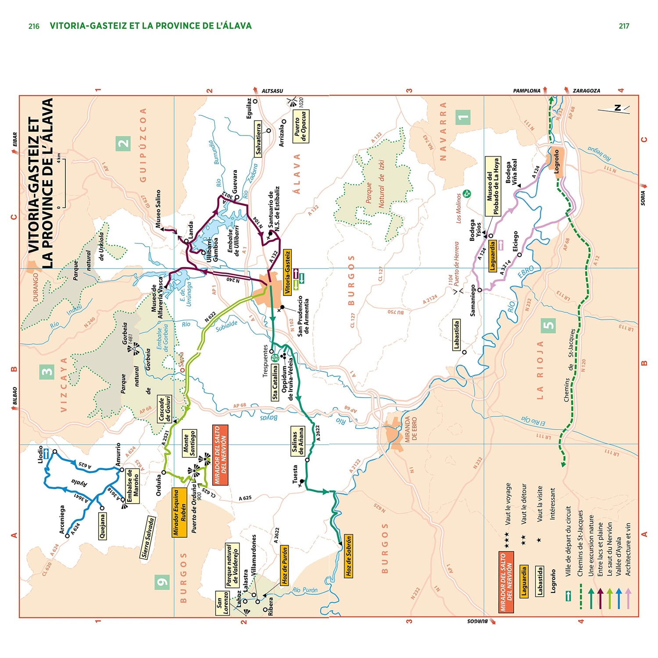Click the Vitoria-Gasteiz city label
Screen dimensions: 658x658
287,272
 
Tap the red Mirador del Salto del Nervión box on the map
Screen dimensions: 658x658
220,455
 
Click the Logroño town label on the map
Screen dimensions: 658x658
557,161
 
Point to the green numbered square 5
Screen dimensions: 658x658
548,325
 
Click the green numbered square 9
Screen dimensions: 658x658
162,582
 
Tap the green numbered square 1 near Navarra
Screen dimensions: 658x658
463,117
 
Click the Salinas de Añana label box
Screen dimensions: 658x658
298,441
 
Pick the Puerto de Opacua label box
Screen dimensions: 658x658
300,126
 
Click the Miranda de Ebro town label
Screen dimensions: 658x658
411,429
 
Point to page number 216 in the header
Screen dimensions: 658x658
34,26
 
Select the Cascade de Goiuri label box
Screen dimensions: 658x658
164,409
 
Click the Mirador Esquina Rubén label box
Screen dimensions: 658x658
179,512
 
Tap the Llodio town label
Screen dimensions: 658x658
41,455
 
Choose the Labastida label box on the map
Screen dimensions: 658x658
456,335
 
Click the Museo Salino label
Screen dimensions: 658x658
158,208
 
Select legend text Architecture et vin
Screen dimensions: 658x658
628,549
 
